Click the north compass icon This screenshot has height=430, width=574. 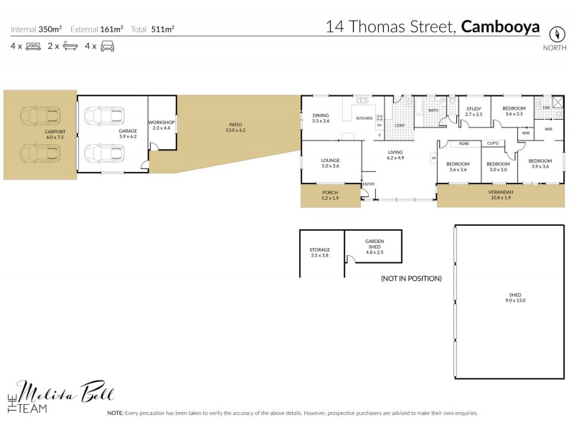click(x=555, y=34)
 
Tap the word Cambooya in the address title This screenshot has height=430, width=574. click(x=500, y=27)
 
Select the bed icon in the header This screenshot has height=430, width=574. click(x=32, y=46)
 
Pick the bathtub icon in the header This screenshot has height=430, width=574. click(x=70, y=46)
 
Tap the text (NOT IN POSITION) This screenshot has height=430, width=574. click(x=411, y=278)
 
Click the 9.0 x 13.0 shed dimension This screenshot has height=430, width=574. click(x=515, y=301)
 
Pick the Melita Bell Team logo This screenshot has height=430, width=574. click(x=60, y=396)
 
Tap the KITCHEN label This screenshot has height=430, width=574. click(x=364, y=118)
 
